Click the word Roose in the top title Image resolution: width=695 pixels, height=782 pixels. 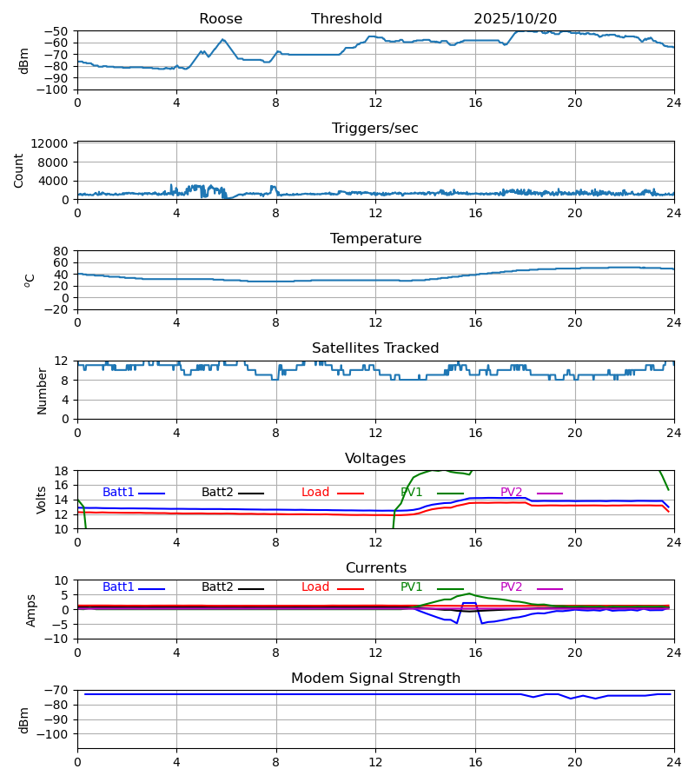tap(221, 19)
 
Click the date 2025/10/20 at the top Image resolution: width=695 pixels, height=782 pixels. tap(515, 19)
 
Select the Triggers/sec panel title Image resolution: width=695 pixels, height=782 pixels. tap(375, 129)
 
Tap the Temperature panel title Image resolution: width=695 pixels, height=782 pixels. tap(375, 239)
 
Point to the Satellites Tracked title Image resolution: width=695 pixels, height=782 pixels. tap(375, 348)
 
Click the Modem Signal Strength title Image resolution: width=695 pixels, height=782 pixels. tap(375, 679)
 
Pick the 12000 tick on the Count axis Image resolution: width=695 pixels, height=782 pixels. tap(55, 144)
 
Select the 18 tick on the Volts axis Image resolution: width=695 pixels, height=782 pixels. tap(63, 471)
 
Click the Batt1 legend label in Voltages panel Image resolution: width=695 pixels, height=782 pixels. tap(118, 493)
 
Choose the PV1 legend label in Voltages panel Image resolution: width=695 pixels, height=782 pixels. tap(412, 493)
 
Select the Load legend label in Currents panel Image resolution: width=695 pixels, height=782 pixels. tap(315, 587)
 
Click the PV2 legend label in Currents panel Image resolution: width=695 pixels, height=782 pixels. tap(512, 587)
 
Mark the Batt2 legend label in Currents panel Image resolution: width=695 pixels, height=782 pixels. tap(217, 587)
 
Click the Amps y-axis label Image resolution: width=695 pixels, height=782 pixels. tap(32, 610)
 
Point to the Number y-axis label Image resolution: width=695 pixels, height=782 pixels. tap(43, 390)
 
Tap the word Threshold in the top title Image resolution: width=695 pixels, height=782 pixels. tap(347, 19)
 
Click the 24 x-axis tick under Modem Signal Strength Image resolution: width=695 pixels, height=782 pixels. tap(674, 760)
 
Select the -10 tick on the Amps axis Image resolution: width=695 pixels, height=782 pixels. tap(59, 639)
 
